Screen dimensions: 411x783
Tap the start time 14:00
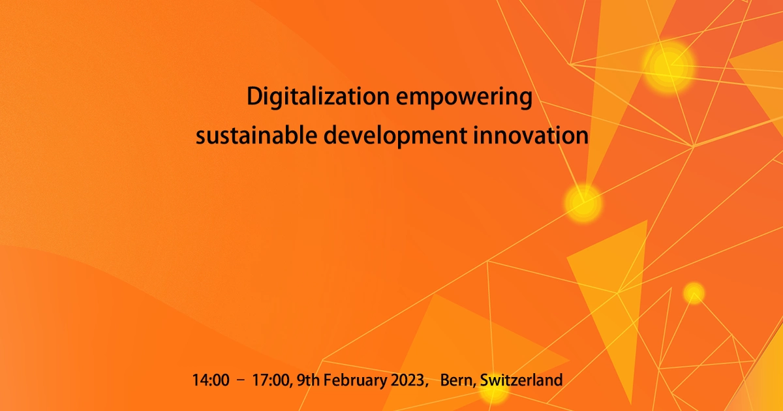click(x=211, y=380)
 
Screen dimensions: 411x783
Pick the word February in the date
click(x=353, y=380)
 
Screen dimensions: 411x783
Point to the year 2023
click(x=407, y=380)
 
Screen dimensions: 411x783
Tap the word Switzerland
click(x=521, y=380)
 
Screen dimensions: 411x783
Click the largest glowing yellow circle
click(x=668, y=66)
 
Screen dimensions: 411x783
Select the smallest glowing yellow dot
click(x=694, y=293)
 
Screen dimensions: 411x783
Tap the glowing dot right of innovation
click(x=583, y=202)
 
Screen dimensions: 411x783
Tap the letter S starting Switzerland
click(x=484, y=380)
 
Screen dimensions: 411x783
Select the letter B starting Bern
click(x=446, y=380)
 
